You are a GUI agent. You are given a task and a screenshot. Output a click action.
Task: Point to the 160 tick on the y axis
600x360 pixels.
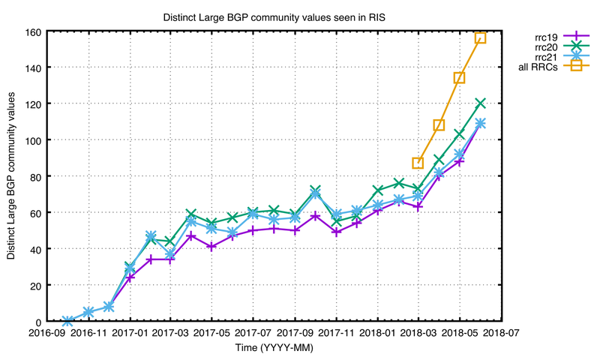[x=34, y=31]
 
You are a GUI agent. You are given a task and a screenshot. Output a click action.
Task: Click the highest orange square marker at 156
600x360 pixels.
[x=480, y=37]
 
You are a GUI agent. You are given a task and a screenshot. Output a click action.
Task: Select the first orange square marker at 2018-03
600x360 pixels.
[x=418, y=163]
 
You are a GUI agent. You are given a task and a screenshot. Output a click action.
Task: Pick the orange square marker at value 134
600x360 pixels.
[x=459, y=77]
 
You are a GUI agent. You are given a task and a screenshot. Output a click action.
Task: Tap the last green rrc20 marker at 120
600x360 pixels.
[x=480, y=103]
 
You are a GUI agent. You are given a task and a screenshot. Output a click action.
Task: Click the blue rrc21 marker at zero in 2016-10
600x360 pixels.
[x=68, y=321]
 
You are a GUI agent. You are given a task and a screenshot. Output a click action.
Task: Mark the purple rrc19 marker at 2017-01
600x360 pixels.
[x=130, y=277]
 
